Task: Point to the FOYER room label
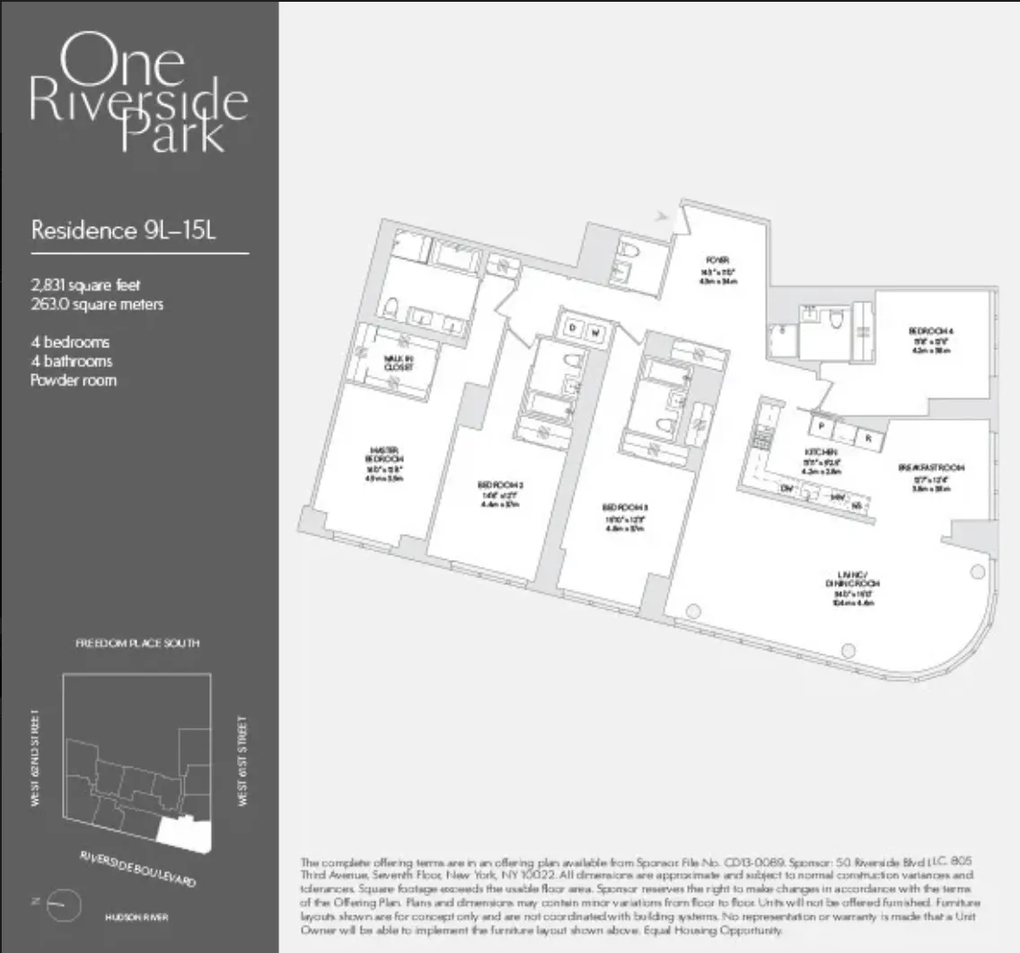pyautogui.click(x=716, y=259)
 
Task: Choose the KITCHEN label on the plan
pyautogui.click(x=821, y=451)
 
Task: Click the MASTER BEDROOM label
pyautogui.click(x=382, y=454)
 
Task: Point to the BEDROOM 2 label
pyautogui.click(x=500, y=485)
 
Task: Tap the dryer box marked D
pyautogui.click(x=572, y=329)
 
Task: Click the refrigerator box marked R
pyautogui.click(x=869, y=440)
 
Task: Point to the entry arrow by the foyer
pyautogui.click(x=664, y=215)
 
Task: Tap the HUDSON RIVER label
pyautogui.click(x=136, y=918)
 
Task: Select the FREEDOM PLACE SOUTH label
pyautogui.click(x=137, y=643)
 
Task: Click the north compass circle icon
pyautogui.click(x=64, y=903)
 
